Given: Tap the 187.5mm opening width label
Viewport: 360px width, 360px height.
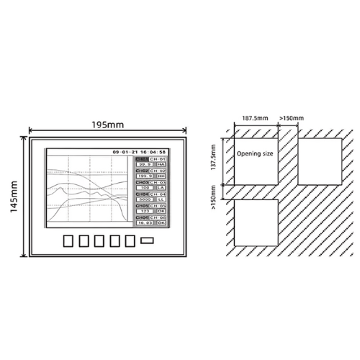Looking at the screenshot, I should point(250,117).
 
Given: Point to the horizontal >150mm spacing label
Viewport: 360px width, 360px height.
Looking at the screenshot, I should point(292,117).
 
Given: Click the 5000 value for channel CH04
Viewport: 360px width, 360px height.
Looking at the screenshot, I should point(144,200).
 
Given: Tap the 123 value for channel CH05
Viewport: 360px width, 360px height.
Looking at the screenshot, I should point(144,212).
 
